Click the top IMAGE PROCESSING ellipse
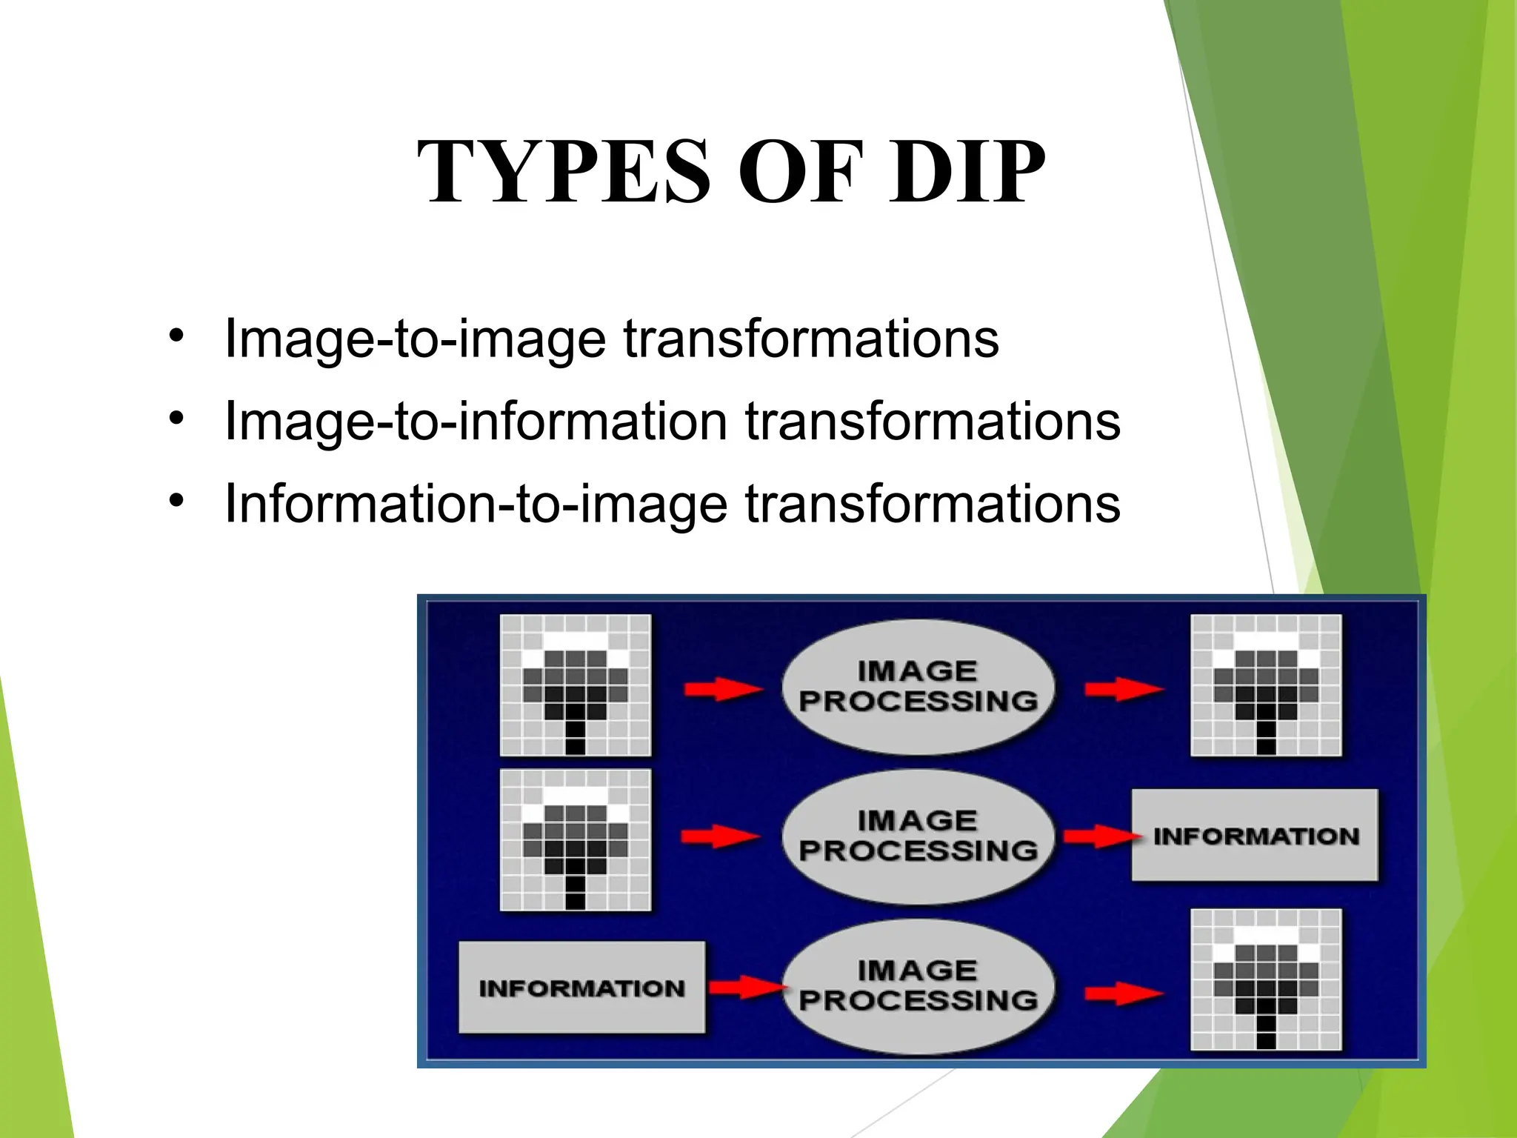[x=918, y=687]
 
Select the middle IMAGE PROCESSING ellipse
[x=918, y=836]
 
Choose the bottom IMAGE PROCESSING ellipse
[x=918, y=986]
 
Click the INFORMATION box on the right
[x=1255, y=836]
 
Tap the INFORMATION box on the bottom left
[x=581, y=988]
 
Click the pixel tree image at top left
[x=576, y=685]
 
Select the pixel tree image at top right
[x=1266, y=685]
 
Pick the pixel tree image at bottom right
[x=1266, y=979]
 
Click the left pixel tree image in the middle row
[x=576, y=839]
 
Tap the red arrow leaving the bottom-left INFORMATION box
[x=744, y=987]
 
